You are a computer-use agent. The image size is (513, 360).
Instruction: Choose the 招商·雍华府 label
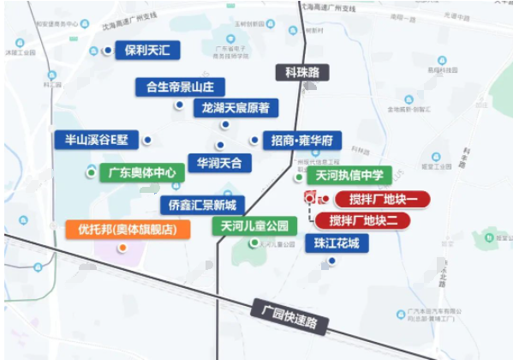[302, 140]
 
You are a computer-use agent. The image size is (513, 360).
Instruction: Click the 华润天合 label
[219, 162]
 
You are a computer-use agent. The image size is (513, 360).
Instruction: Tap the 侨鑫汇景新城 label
[202, 205]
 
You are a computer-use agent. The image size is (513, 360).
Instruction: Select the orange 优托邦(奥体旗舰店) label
[127, 229]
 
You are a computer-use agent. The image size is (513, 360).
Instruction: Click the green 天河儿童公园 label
[254, 226]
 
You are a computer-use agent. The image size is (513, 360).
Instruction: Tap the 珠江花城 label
[337, 243]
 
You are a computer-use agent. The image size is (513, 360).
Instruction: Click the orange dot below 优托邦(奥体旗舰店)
[123, 248]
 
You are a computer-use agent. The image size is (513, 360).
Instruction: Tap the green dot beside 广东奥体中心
[91, 172]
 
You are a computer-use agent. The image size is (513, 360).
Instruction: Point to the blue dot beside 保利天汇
[108, 51]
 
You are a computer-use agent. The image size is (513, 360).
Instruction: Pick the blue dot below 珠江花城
[331, 261]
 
